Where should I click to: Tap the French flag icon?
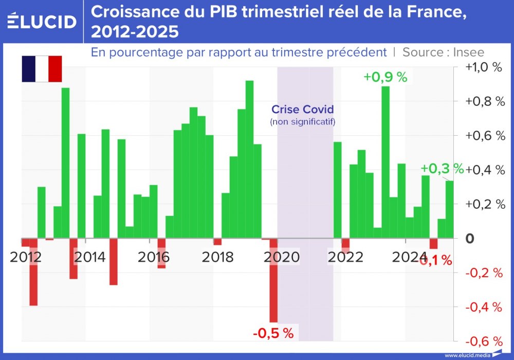pyautogui.click(x=42, y=69)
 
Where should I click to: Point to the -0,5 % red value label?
pyautogui.click(x=273, y=333)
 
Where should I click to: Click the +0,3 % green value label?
pyautogui.click(x=442, y=169)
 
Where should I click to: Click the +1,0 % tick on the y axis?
pyautogui.click(x=483, y=67)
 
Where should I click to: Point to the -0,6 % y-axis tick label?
pyautogui.click(x=483, y=341)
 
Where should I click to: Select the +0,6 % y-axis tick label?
pyautogui.click(x=483, y=136)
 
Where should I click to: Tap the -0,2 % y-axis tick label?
pyautogui.click(x=483, y=273)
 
